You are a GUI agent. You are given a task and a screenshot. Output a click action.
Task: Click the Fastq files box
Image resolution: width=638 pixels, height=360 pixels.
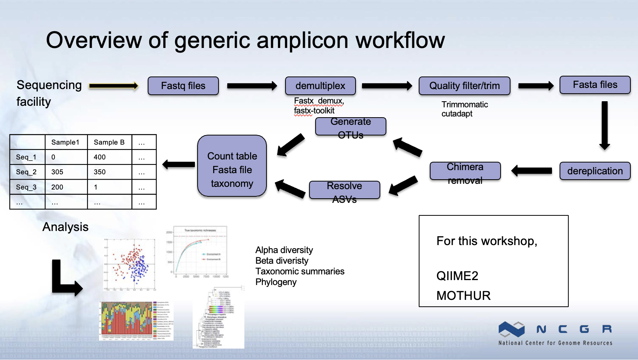183,86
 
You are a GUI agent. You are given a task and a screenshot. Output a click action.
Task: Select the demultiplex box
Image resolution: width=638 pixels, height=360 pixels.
320,86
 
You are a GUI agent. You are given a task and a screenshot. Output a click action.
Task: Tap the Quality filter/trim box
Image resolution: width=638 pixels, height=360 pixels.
464,86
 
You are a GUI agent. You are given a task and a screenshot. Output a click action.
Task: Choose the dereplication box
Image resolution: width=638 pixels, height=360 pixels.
595,171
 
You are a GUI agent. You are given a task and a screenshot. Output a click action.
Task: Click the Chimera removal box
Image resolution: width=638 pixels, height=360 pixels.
465,171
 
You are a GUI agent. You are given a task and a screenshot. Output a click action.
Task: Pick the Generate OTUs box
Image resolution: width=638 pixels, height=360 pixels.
351,127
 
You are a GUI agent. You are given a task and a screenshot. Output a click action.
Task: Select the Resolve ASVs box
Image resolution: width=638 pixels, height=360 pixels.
345,190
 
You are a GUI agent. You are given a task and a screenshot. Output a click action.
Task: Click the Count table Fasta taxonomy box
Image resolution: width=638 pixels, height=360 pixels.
232,166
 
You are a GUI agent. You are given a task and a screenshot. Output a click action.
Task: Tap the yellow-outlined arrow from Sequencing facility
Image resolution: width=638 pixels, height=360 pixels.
114,86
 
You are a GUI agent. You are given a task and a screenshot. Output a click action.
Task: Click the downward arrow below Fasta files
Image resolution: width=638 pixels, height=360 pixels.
605,126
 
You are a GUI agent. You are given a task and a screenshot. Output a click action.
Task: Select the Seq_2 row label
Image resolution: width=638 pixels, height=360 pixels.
26,172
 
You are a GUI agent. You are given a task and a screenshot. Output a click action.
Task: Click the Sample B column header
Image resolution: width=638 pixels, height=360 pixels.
109,142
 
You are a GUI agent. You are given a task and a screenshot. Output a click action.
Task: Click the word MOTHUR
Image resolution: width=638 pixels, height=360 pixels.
463,296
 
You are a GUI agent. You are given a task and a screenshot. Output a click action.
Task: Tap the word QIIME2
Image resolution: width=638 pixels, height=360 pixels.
457,276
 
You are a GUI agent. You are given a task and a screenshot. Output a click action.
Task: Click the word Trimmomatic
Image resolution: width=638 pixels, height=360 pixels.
464,105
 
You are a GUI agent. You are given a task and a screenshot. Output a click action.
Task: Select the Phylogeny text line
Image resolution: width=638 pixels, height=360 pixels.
276,282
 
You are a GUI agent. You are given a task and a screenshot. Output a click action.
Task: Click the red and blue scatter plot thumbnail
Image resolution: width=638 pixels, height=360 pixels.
129,264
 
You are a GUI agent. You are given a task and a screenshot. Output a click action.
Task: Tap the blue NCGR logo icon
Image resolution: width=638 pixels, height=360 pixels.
511,329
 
